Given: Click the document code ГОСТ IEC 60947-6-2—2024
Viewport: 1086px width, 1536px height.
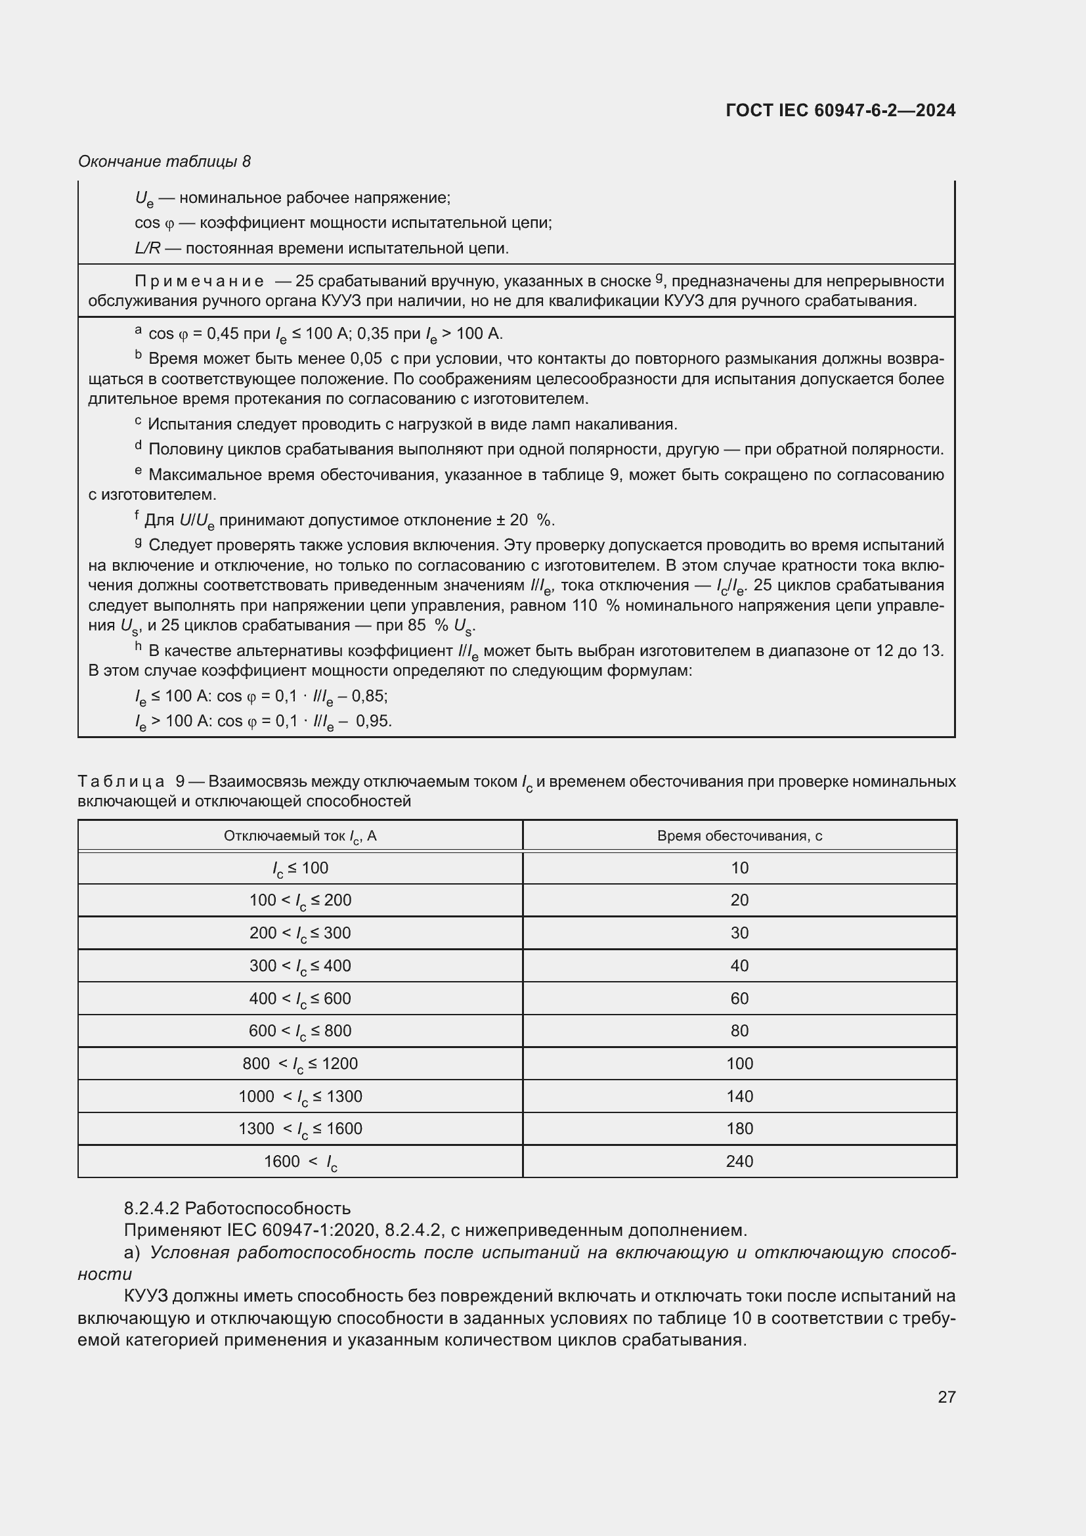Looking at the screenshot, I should (840, 110).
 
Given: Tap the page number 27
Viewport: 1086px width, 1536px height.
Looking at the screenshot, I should (946, 1397).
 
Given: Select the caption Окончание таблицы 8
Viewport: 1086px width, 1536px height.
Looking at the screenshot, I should (164, 162).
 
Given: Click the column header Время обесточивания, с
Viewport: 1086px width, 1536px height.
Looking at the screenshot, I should (739, 835).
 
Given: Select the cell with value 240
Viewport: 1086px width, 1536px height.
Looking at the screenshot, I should (739, 1162).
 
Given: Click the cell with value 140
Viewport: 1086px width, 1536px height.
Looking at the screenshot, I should (739, 1097).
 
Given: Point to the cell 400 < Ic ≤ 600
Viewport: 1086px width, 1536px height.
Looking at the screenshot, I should (299, 999).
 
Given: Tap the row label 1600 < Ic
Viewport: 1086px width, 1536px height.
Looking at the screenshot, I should (299, 1162).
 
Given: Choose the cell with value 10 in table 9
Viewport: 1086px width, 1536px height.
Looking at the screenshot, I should (739, 868).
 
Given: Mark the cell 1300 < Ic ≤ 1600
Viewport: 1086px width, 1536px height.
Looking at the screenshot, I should (299, 1130).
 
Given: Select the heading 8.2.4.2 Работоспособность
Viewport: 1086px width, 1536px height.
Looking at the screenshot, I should (237, 1208).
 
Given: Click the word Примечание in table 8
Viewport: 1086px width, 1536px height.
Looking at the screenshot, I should (198, 281).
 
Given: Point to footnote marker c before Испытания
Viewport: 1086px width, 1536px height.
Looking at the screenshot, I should (138, 421).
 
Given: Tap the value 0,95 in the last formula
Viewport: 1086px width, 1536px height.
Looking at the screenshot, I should (373, 721).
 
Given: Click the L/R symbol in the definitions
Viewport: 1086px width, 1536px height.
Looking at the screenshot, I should (147, 248).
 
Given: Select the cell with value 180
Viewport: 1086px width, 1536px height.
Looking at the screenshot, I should (739, 1129).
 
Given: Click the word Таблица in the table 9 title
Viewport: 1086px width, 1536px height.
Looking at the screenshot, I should (121, 781).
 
